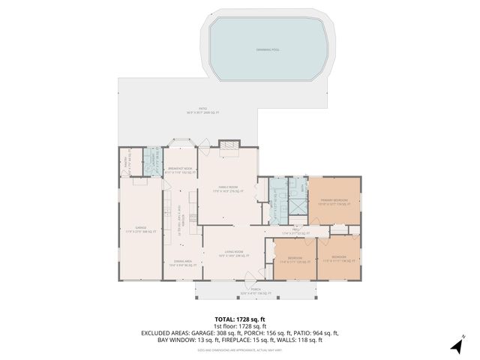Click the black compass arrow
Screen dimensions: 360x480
(x=455, y=346)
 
